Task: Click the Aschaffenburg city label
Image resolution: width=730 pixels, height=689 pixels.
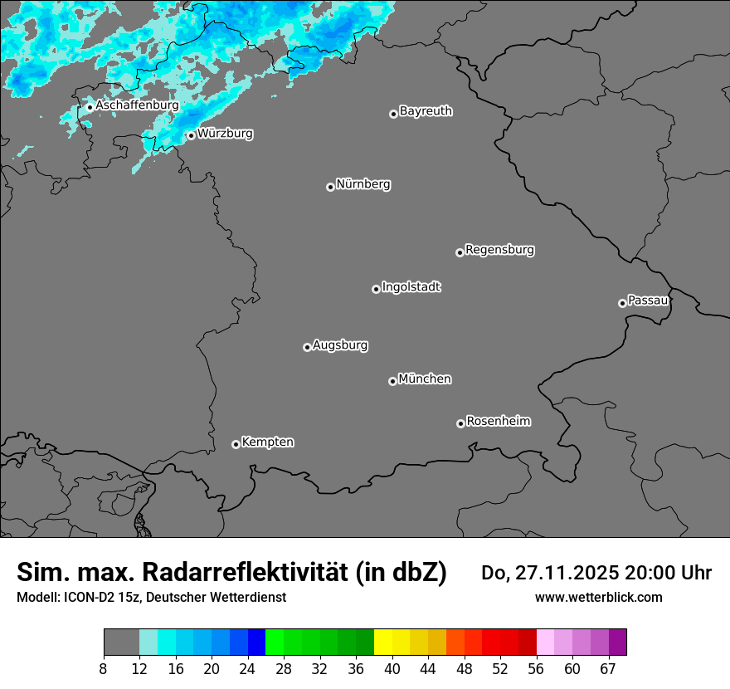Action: [137, 105]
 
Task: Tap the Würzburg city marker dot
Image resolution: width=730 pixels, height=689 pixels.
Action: [191, 135]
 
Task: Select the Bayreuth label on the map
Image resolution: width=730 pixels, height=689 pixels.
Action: [426, 110]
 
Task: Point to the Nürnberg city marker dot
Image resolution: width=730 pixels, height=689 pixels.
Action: [330, 187]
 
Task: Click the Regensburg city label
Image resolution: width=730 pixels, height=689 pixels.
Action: [499, 249]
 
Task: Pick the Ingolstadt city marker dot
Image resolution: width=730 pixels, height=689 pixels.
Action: [376, 289]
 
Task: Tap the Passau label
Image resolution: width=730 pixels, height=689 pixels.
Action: [648, 300]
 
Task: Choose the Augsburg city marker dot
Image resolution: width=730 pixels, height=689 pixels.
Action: [307, 347]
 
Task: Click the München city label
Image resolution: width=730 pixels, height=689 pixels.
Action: [425, 379]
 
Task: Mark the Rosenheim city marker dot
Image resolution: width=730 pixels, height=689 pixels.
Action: [460, 424]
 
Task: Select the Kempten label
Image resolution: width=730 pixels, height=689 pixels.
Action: [267, 442]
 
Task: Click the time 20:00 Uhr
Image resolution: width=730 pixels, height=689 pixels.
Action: [667, 573]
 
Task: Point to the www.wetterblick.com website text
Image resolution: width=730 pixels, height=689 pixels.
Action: [598, 597]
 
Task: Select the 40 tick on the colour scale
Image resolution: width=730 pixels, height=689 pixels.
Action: [392, 669]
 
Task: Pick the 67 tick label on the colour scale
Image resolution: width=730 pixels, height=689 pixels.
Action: [608, 669]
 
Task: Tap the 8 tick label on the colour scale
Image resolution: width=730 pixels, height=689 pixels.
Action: [104, 669]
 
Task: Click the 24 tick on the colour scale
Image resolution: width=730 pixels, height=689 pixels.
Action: [247, 669]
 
